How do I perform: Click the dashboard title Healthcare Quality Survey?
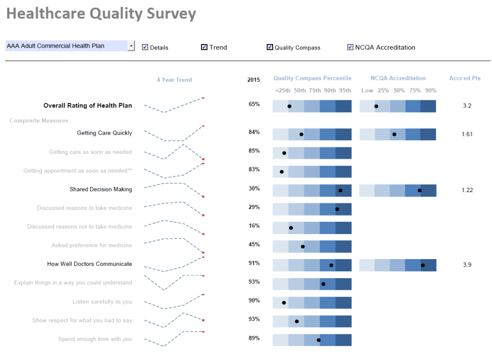click(101, 14)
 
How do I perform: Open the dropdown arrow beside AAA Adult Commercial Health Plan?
click(131, 46)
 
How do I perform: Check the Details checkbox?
click(145, 47)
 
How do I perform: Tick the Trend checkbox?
click(204, 47)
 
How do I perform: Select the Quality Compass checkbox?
click(270, 47)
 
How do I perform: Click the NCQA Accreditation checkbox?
click(351, 47)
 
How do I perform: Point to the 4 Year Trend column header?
click(174, 80)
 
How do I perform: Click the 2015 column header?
click(253, 80)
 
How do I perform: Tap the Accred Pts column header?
click(465, 78)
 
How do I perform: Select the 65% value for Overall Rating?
click(254, 104)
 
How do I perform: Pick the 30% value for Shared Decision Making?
click(254, 188)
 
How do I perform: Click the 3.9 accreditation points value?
click(467, 265)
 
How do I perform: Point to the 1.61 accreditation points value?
click(467, 134)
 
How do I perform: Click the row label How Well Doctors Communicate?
click(89, 264)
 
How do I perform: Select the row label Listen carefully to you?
click(102, 302)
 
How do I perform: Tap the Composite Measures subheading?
click(39, 121)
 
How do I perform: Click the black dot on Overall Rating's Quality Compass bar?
click(290, 107)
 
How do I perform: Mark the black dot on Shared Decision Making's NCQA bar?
click(420, 190)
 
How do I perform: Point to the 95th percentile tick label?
click(345, 91)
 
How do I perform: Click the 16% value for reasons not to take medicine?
click(254, 226)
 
